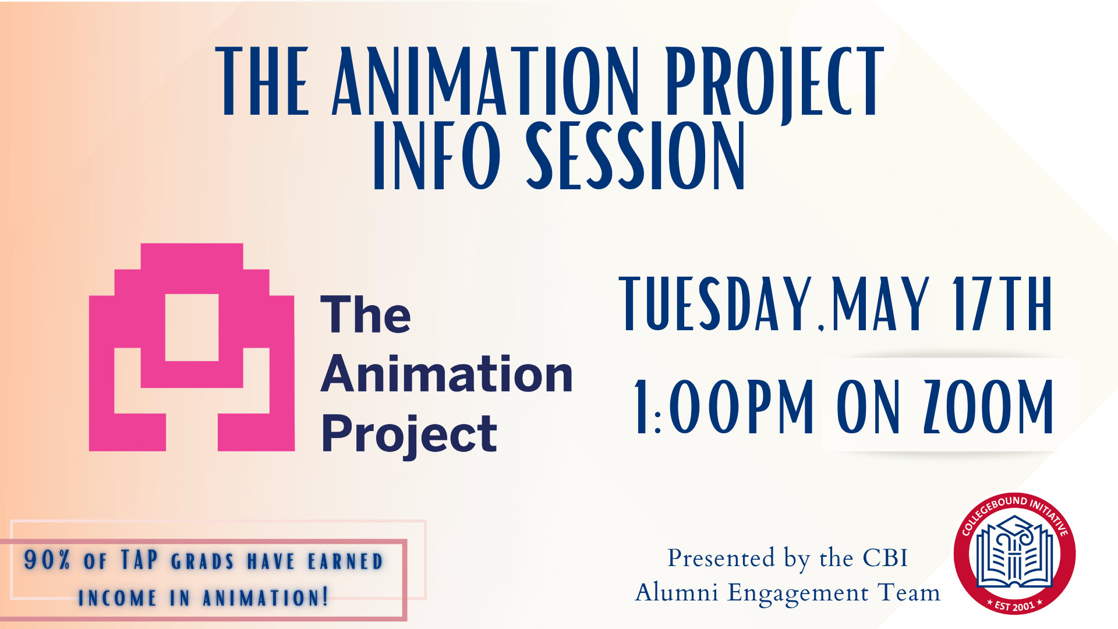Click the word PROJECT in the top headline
(x=774, y=82)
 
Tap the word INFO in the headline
(x=437, y=156)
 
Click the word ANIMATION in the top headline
(x=486, y=82)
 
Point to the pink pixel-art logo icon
(x=192, y=347)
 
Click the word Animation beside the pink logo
(x=447, y=374)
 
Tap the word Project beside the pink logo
(x=409, y=434)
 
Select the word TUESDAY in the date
(x=716, y=304)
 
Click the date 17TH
(x=1002, y=304)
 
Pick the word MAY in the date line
(x=880, y=304)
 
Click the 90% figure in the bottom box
(x=47, y=560)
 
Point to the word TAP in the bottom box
(x=139, y=560)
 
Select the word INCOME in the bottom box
(x=118, y=598)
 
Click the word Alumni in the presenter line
(x=677, y=593)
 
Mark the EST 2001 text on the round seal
(x=1014, y=605)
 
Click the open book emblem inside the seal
(x=1014, y=553)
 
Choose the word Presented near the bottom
(x=721, y=558)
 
